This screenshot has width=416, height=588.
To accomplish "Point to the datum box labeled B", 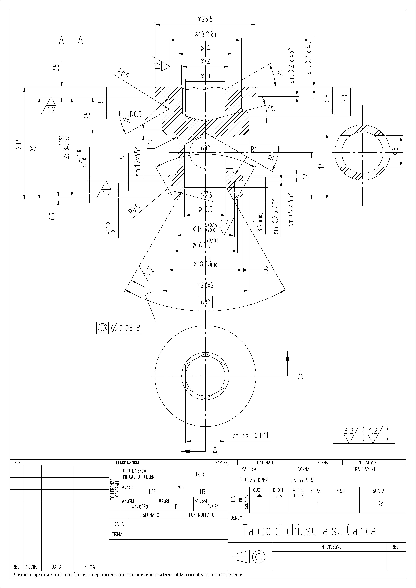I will point(266,270).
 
